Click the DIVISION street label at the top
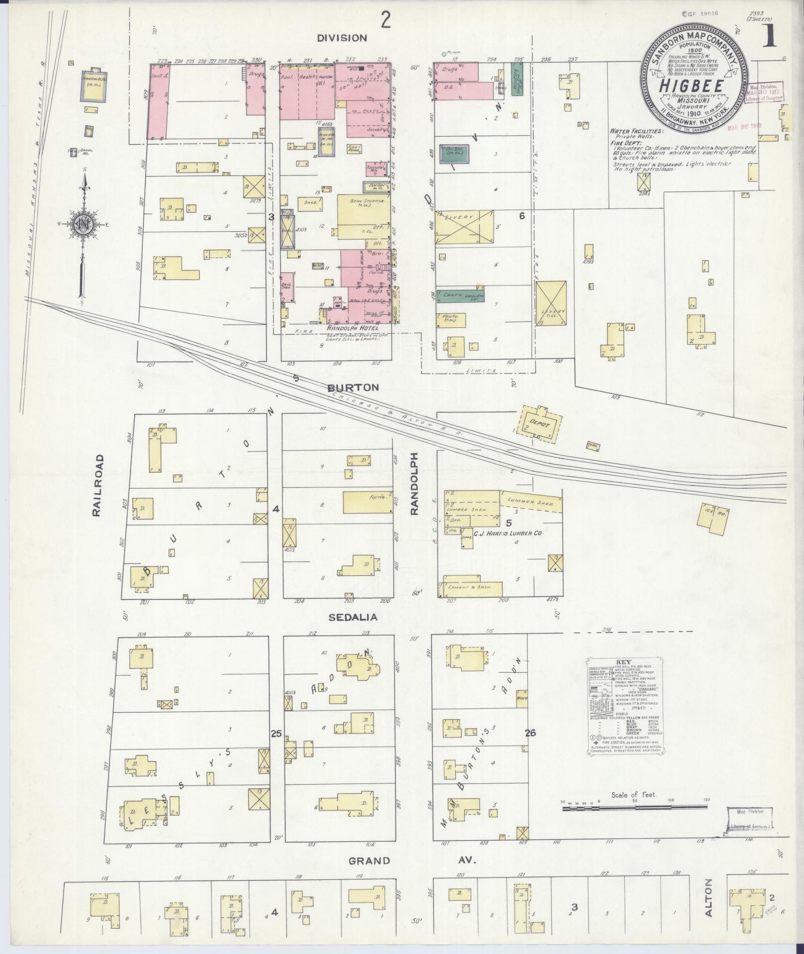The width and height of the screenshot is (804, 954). [x=342, y=37]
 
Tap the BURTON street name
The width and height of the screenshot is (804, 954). [x=353, y=387]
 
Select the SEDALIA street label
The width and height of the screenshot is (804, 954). [x=352, y=617]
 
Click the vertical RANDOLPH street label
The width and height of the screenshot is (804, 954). [x=414, y=484]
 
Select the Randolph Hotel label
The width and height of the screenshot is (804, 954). [x=353, y=329]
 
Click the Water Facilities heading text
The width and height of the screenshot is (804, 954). [x=637, y=131]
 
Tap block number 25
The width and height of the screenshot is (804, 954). [x=276, y=733]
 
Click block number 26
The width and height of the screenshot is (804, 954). [x=530, y=733]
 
